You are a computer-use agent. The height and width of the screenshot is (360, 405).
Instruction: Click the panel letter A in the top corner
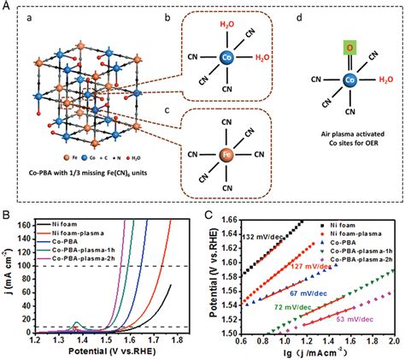[x=8, y=6]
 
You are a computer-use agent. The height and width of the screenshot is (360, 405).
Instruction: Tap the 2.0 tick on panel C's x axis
[x=394, y=341]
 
